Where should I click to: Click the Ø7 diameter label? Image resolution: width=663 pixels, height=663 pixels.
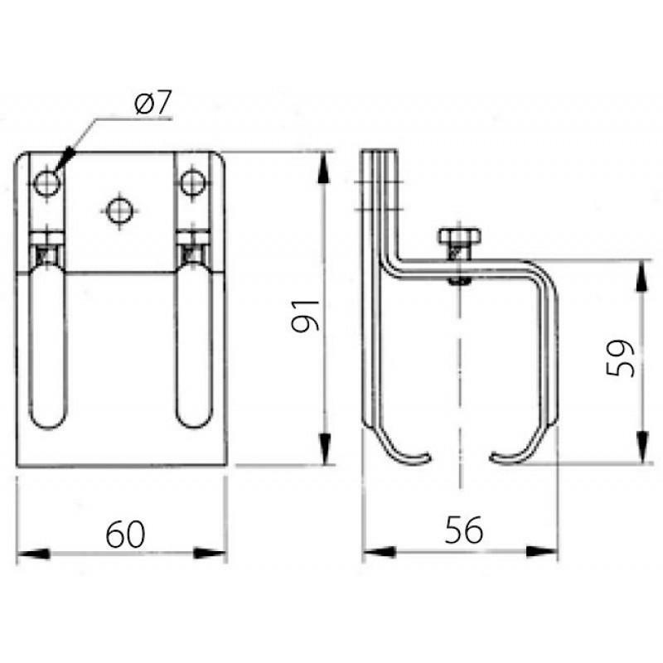coord(153,104)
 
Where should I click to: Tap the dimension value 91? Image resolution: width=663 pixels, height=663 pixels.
coord(305,317)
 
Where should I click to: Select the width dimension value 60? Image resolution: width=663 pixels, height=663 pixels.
coord(125,534)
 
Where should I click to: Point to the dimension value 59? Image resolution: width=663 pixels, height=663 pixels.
coord(620,358)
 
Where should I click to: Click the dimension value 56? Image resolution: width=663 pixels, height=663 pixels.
coord(463,530)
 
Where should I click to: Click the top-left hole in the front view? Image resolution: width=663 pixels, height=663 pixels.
coord(47,183)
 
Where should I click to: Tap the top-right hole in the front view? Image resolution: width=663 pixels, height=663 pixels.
coord(193,182)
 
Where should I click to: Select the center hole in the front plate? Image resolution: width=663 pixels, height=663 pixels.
coord(120,211)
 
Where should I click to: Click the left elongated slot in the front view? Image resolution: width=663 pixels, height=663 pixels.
coord(48,345)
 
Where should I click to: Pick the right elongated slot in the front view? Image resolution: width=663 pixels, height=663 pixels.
coord(193,345)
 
